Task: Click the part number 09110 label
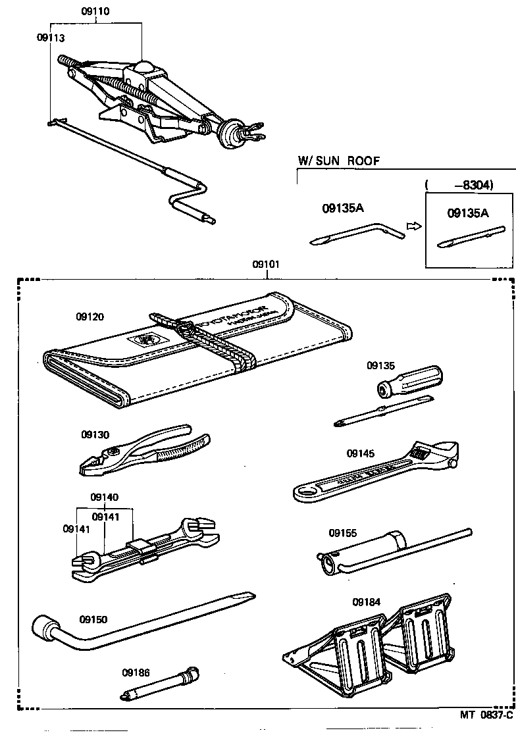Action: (x=96, y=12)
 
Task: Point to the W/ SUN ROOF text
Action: (x=339, y=161)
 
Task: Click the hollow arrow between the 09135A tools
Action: (x=413, y=226)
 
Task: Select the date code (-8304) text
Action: (x=468, y=186)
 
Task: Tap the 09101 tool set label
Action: (x=267, y=265)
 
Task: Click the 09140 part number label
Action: (x=105, y=498)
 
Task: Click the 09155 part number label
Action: (x=343, y=533)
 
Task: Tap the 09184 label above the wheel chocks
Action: (x=366, y=601)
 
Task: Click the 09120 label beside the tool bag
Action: (x=90, y=317)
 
